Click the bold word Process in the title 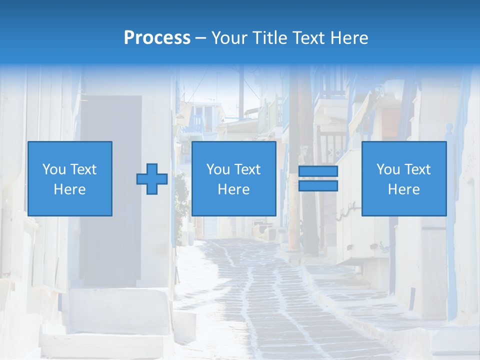157,38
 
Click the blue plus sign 152,179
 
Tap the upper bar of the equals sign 318,171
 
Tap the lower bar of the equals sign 318,185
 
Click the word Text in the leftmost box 83,169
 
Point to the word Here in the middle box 233,189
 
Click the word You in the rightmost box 388,169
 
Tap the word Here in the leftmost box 69,189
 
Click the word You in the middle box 218,169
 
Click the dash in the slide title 201,38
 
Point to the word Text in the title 307,38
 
